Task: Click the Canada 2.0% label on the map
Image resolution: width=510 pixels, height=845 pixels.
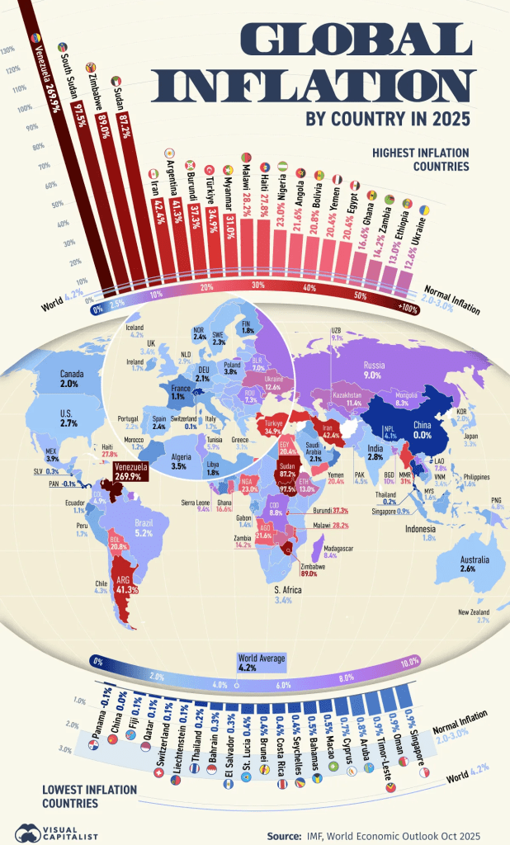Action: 69,379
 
